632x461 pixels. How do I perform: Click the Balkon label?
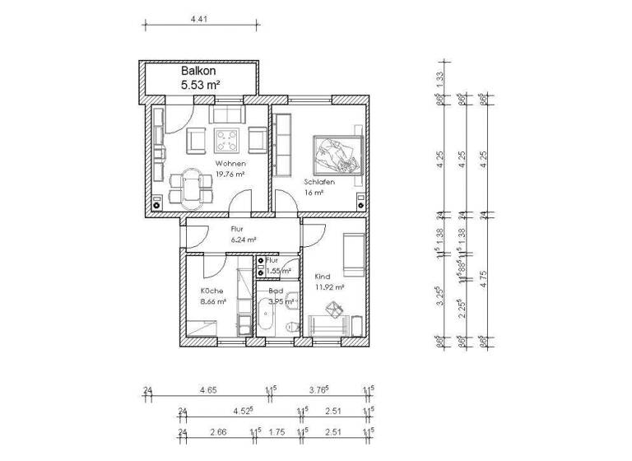197,72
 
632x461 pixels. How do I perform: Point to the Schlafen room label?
318,181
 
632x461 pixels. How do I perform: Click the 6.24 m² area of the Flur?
243,240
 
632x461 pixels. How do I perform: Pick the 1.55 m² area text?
279,270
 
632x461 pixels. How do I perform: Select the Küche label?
212,291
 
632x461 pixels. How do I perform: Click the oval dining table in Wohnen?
191,185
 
